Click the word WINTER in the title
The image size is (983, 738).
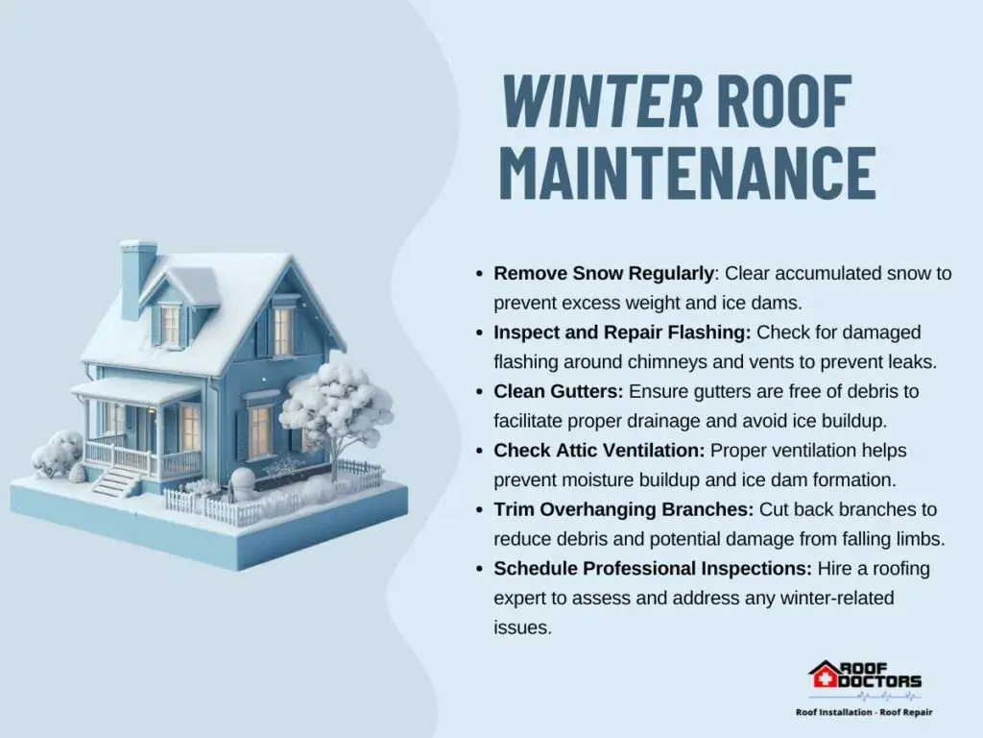(601, 101)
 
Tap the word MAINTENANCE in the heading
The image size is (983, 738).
(687, 173)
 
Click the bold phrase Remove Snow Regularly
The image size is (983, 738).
(604, 274)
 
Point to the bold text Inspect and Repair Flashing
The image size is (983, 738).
(622, 332)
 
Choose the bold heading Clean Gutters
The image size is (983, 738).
(559, 391)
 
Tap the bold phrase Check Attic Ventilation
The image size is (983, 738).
(599, 450)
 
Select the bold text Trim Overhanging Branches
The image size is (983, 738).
(624, 509)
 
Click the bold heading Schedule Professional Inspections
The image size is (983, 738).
(653, 569)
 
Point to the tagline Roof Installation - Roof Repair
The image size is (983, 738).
(864, 712)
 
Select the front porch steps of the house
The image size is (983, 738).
(116, 482)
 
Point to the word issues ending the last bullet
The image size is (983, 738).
(522, 627)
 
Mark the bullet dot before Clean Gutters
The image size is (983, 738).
(480, 392)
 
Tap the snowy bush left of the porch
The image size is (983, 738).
(59, 454)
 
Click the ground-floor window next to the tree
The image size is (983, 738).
(259, 431)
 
